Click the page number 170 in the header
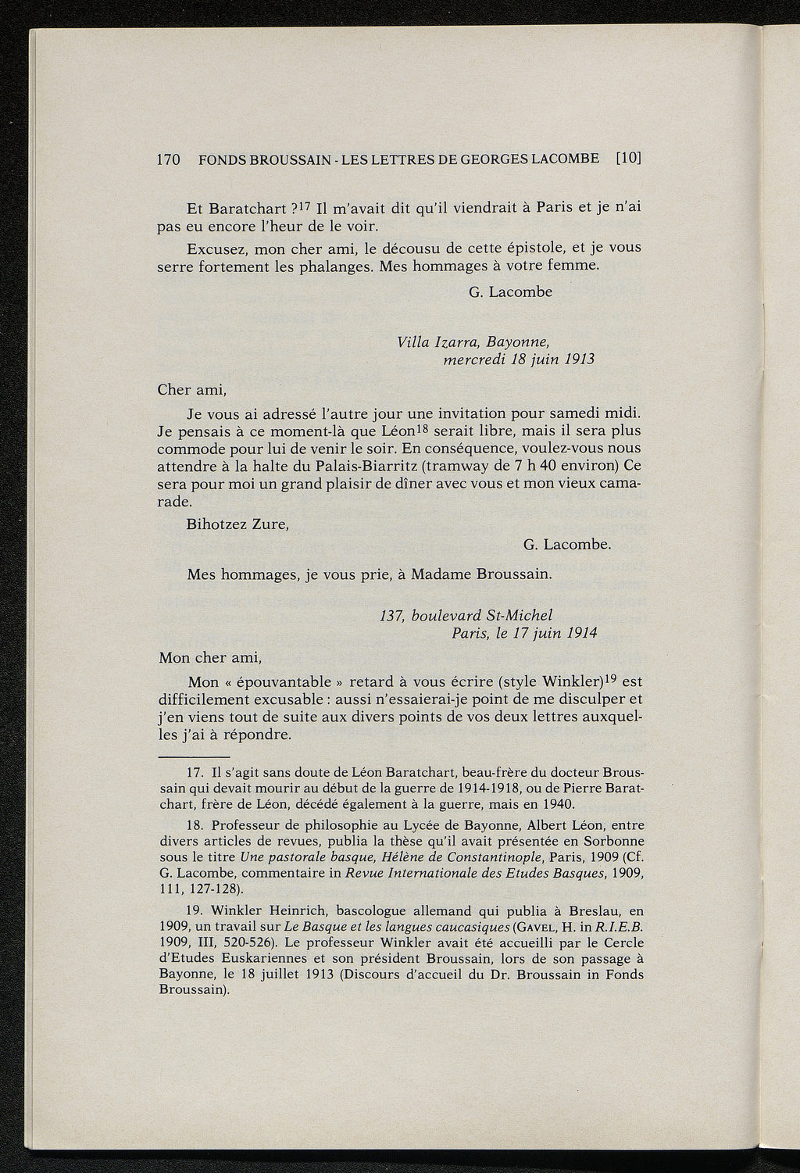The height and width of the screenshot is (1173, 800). (x=169, y=159)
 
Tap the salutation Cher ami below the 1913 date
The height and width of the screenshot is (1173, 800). (x=191, y=389)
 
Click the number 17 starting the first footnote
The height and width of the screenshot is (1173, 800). (x=196, y=774)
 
